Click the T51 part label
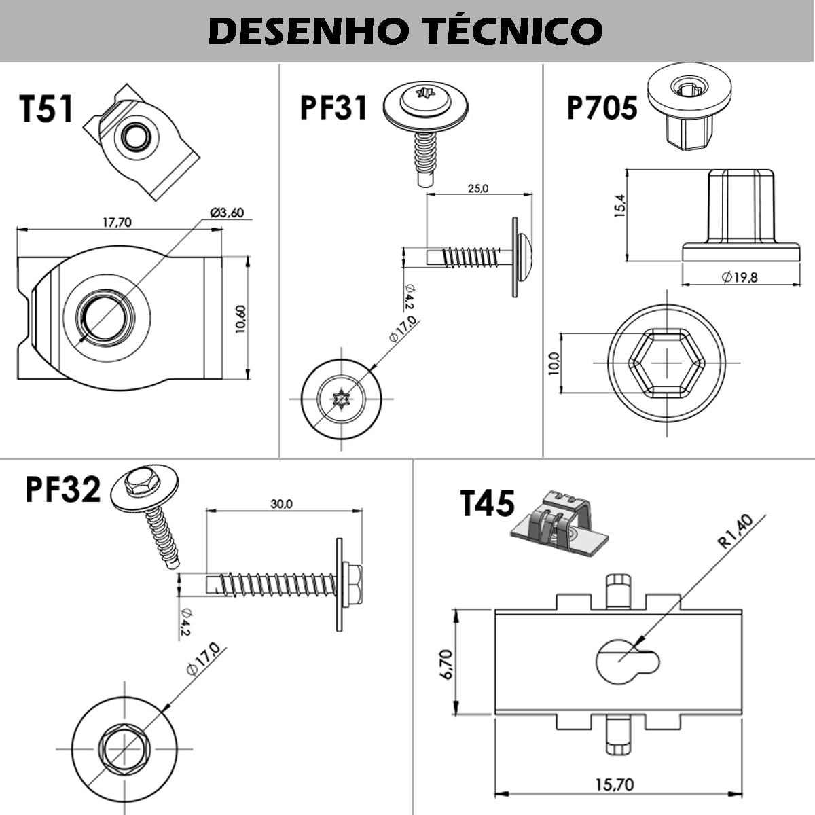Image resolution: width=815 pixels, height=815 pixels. (46, 109)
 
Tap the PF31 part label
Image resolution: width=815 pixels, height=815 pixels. (333, 107)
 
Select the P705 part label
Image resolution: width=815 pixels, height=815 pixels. (602, 107)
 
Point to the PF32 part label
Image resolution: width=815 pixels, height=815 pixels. (63, 489)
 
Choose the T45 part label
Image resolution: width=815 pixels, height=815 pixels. (487, 504)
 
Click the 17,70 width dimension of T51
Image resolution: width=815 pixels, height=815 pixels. (117, 222)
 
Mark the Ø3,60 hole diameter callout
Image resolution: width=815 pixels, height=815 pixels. (227, 213)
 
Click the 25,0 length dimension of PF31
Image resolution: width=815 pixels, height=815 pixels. (477, 188)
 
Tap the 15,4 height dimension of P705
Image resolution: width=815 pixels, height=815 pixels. (619, 205)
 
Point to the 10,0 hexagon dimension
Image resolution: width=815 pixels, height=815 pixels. (553, 363)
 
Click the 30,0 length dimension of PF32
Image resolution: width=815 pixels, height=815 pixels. (281, 504)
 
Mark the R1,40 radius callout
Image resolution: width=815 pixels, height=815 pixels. (736, 531)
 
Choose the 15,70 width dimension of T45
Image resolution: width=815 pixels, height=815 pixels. (615, 784)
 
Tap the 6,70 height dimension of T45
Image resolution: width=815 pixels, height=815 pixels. (446, 664)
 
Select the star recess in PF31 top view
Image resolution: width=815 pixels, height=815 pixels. (341, 399)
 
